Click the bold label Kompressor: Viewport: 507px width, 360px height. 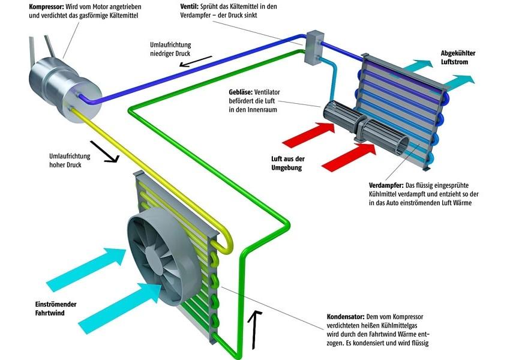50,6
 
